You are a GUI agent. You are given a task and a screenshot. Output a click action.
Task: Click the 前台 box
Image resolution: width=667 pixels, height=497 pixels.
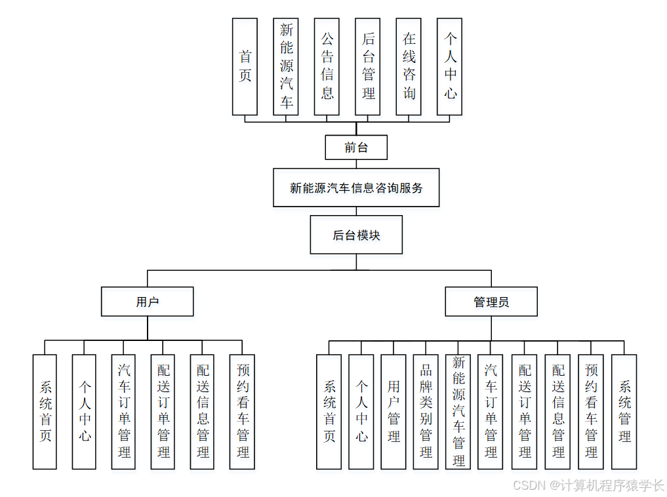tap(356, 148)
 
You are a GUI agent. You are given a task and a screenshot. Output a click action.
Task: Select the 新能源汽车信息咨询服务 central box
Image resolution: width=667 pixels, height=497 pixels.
tap(356, 188)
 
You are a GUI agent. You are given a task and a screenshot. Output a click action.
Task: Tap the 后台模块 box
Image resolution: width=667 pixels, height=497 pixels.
tap(356, 235)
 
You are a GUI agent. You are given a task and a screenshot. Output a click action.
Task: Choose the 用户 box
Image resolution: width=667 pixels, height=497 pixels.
tap(148, 302)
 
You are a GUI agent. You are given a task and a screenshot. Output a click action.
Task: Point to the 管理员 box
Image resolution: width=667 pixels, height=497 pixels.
tap(491, 302)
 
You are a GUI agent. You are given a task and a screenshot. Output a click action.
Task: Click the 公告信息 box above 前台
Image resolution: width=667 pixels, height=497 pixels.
tap(327, 66)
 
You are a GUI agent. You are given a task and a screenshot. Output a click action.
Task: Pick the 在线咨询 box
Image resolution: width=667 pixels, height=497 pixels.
tap(409, 66)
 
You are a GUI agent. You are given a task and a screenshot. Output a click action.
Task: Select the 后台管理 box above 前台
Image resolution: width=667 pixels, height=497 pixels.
tap(368, 66)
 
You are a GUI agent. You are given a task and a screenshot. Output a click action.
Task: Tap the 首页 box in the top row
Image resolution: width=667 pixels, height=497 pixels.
tap(245, 66)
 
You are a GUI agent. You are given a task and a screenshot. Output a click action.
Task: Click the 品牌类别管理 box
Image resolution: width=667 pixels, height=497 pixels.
tap(426, 412)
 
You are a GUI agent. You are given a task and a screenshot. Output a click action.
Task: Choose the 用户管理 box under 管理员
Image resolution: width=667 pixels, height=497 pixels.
tap(394, 412)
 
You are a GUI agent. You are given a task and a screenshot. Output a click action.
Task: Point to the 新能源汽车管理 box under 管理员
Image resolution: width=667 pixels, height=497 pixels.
tap(458, 412)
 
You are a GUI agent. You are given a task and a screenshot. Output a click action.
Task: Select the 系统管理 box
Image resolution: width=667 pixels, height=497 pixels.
tap(624, 412)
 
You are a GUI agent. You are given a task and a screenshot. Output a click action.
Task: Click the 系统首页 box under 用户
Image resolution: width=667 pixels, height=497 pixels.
tap(45, 412)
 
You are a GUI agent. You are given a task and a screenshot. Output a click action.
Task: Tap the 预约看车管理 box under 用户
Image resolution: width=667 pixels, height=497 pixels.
tap(242, 412)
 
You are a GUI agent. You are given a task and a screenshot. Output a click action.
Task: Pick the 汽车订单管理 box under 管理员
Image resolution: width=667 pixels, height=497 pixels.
tap(491, 412)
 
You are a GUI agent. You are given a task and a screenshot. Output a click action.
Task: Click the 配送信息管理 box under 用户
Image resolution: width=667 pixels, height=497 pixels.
tap(203, 412)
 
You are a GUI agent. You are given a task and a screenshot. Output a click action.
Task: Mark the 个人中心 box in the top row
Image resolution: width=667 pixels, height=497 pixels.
tap(450, 66)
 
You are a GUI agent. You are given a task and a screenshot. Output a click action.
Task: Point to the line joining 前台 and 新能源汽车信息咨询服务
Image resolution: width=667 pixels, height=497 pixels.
tap(356, 164)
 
